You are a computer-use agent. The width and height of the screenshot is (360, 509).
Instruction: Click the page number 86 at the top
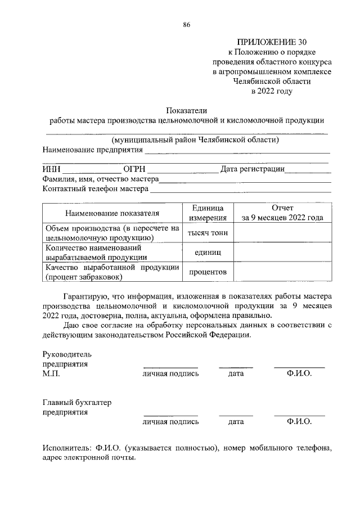click(x=187, y=24)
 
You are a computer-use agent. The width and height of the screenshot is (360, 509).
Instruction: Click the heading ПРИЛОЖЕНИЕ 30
click(x=272, y=42)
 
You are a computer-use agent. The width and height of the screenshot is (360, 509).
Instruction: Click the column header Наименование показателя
click(x=112, y=213)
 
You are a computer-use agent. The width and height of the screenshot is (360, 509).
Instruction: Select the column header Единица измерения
click(x=207, y=213)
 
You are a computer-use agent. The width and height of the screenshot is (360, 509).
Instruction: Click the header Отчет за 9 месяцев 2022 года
click(x=282, y=213)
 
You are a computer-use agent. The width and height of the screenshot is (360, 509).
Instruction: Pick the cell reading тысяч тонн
click(x=207, y=233)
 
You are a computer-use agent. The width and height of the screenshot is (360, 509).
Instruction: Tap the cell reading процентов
click(x=207, y=272)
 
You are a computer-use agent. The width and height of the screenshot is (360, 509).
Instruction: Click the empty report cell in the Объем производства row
click(x=282, y=233)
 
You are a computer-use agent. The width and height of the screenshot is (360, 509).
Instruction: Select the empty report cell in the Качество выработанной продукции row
click(x=282, y=272)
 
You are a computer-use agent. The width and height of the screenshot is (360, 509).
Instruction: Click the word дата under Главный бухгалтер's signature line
click(x=236, y=421)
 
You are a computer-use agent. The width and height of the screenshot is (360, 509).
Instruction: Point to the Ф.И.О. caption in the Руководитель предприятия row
click(x=299, y=373)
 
